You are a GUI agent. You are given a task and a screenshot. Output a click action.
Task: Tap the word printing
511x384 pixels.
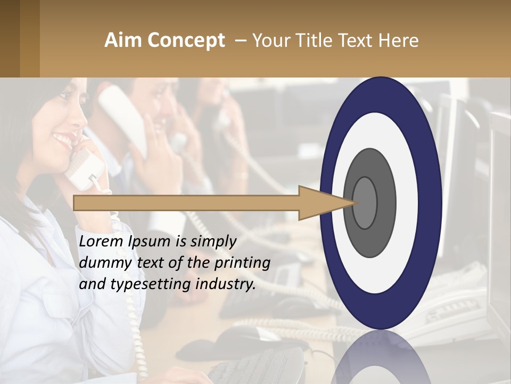[x=242, y=263]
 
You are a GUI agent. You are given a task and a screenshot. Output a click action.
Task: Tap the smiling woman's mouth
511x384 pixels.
[x=63, y=140]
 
